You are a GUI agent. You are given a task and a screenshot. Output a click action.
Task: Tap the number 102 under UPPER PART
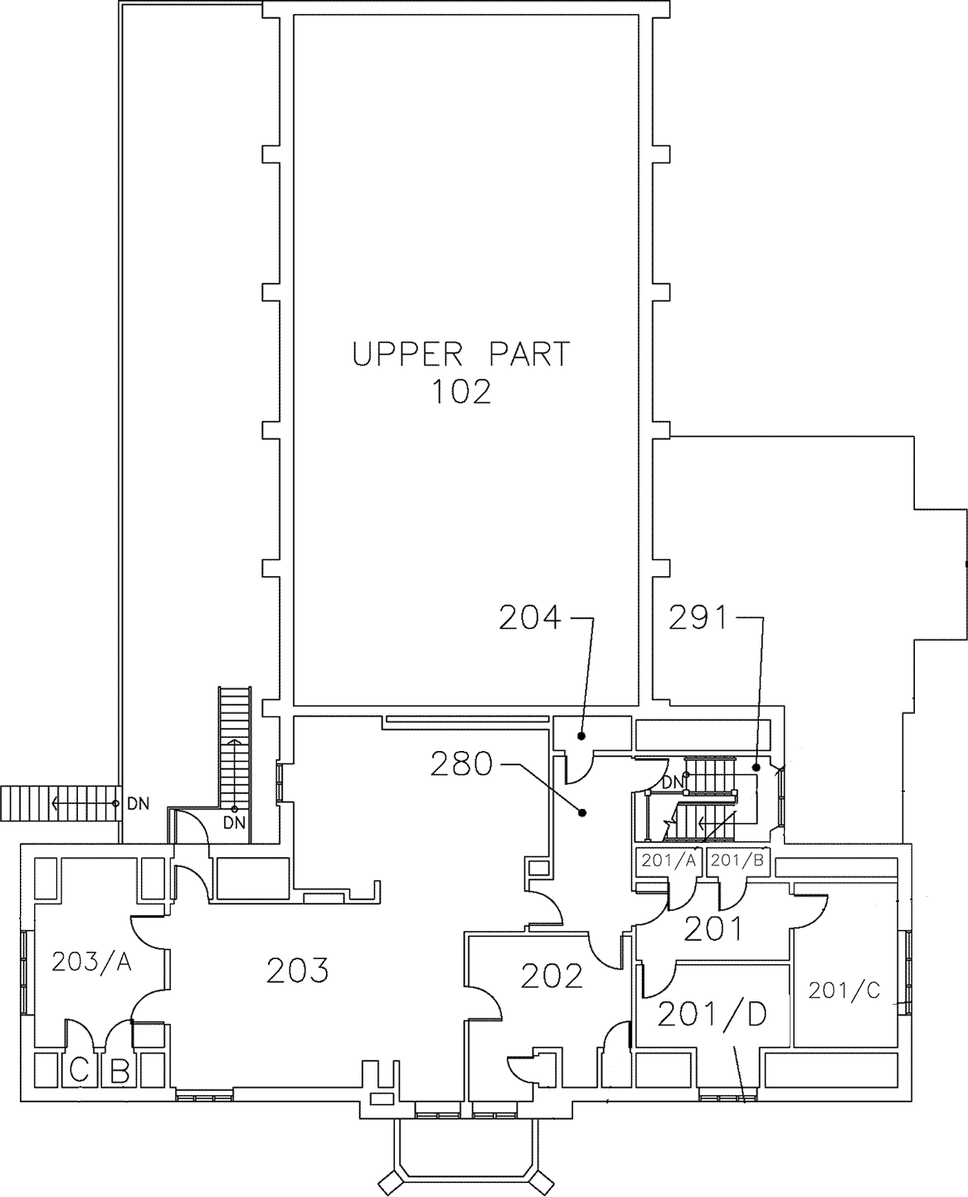[461, 392]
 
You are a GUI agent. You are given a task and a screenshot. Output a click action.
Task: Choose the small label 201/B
[737, 860]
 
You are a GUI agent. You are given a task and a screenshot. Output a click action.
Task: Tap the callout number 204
[529, 618]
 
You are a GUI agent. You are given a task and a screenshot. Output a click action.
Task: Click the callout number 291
[698, 618]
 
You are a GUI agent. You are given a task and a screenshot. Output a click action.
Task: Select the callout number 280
[461, 764]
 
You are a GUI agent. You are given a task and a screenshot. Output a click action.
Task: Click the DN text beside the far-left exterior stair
[139, 804]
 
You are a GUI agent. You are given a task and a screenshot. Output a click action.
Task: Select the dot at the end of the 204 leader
[582, 736]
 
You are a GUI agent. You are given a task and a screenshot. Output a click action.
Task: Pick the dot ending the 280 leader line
[583, 812]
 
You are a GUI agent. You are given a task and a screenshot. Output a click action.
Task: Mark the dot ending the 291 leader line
[756, 767]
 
